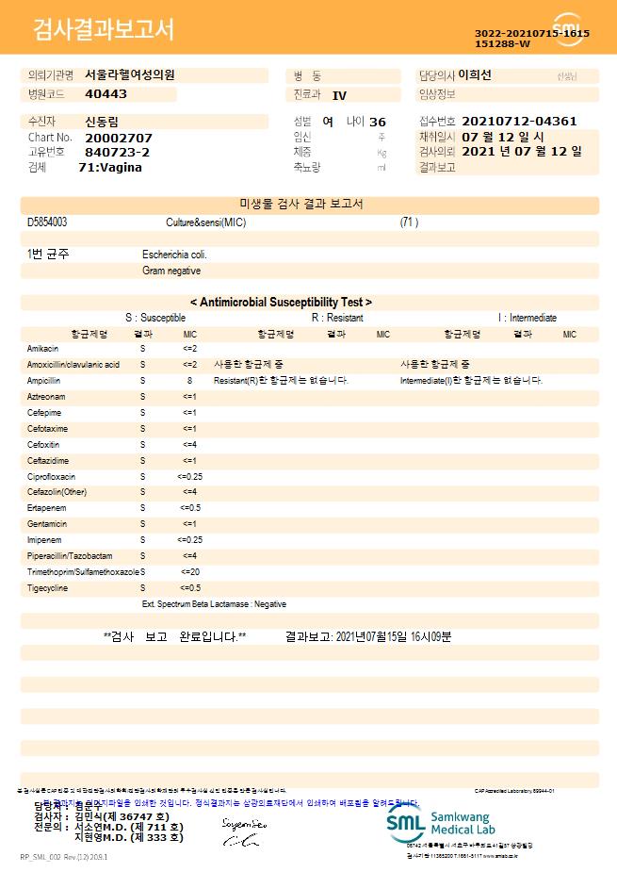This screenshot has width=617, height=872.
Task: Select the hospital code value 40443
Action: [x=106, y=93]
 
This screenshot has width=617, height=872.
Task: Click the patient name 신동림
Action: [x=102, y=122]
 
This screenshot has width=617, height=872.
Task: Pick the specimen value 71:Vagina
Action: [x=110, y=167]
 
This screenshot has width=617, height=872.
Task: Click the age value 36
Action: [x=378, y=122]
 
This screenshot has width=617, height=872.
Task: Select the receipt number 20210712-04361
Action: [x=519, y=121]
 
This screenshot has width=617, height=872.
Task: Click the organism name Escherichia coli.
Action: [x=174, y=255]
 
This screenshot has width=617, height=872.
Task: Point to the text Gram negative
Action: [x=171, y=271]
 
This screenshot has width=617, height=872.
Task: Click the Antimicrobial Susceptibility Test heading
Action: [x=281, y=302]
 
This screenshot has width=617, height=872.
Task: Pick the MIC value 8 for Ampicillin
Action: [x=189, y=380]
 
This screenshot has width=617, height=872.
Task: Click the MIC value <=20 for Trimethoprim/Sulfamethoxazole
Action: [x=189, y=572]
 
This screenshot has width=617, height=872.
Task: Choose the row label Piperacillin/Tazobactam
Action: [x=70, y=556]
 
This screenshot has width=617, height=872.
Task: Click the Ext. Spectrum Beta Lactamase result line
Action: [x=214, y=603]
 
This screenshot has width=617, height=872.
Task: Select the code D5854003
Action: [x=47, y=222]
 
